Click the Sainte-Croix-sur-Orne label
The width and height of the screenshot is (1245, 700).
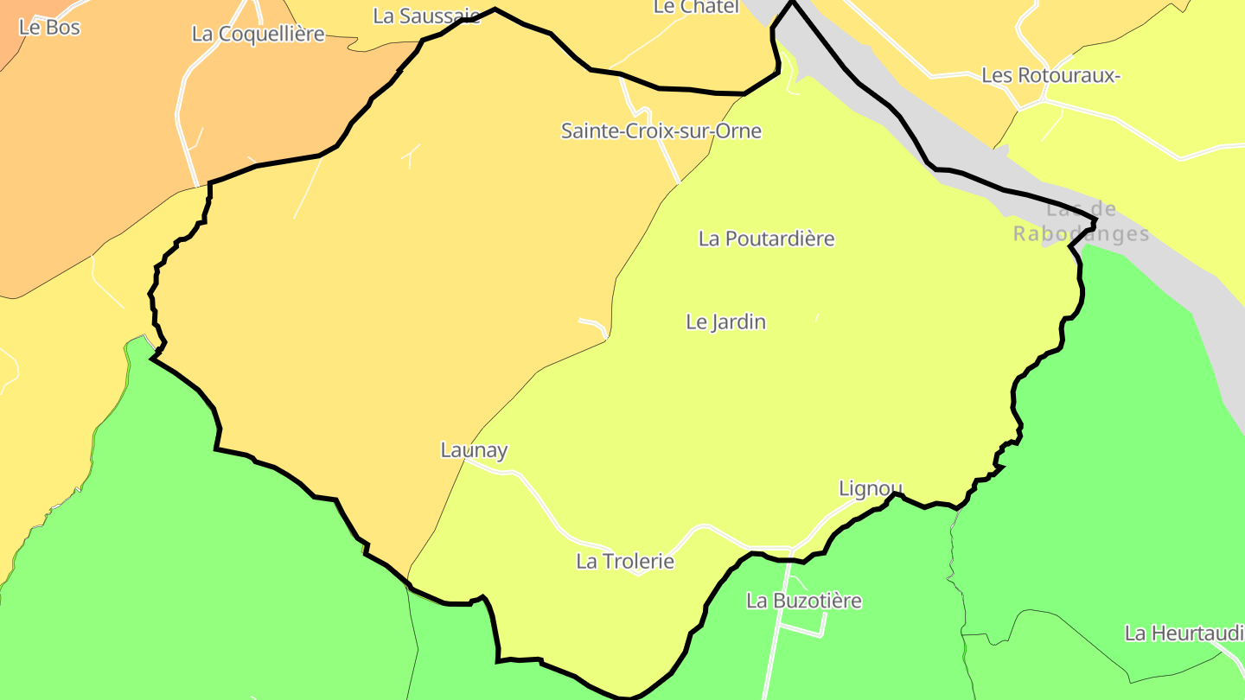click(x=661, y=131)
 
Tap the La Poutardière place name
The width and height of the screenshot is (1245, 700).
click(x=766, y=239)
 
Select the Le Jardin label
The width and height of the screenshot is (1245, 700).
click(x=725, y=322)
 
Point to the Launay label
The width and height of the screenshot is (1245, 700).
click(x=474, y=450)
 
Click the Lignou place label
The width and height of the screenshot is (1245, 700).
click(x=871, y=489)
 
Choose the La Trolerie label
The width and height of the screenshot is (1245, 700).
click(x=624, y=562)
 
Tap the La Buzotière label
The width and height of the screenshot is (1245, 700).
click(x=803, y=601)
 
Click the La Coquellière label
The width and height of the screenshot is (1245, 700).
click(x=258, y=35)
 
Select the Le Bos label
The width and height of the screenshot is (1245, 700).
click(x=48, y=28)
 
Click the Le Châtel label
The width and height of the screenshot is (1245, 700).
click(x=695, y=7)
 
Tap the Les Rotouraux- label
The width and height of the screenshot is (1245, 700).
click(x=1050, y=76)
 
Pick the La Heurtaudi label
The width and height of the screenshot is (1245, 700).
click(x=1184, y=633)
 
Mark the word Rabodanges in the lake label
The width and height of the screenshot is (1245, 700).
click(x=1081, y=234)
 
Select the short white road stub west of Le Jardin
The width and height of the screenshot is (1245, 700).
click(x=594, y=323)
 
